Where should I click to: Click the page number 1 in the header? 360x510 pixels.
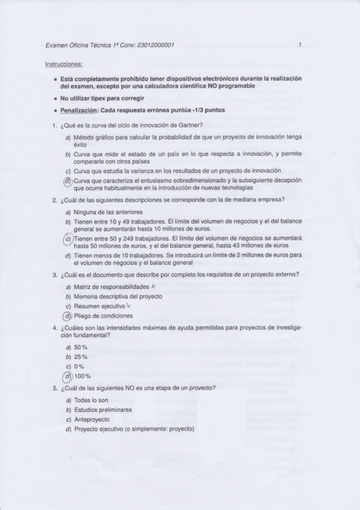pyautogui.click(x=299, y=45)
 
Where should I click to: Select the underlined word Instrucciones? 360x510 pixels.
pyautogui.click(x=64, y=64)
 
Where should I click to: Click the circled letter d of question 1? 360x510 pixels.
pyautogui.click(x=68, y=180)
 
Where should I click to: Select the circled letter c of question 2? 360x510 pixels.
pyautogui.click(x=68, y=239)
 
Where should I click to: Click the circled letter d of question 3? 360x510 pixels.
pyautogui.click(x=68, y=316)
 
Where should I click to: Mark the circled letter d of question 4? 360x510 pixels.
pyautogui.click(x=68, y=376)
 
